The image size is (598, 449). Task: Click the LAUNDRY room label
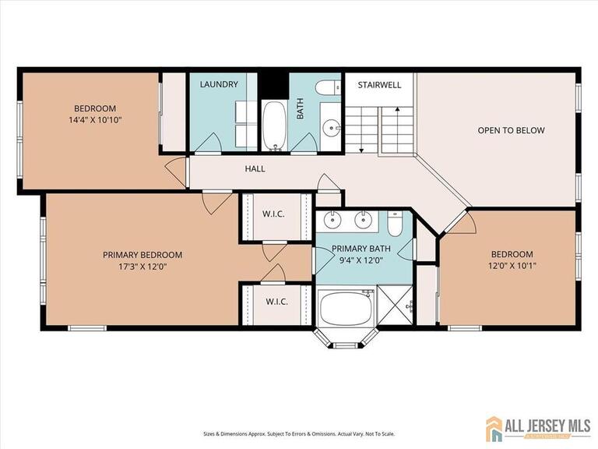[x=219, y=84]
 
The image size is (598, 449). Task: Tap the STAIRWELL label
[x=379, y=84]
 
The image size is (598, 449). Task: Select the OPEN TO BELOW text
[x=511, y=130]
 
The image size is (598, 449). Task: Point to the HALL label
[x=255, y=168]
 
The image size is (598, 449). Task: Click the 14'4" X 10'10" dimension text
[x=96, y=120]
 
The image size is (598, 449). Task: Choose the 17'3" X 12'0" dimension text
[x=142, y=267]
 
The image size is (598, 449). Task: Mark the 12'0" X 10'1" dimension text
[x=512, y=266]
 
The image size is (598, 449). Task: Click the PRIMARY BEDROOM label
[x=142, y=255]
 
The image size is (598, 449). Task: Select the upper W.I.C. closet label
[x=273, y=213]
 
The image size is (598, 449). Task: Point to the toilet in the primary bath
[x=396, y=225]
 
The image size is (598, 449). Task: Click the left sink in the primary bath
[x=333, y=220]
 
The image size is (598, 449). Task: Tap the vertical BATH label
[x=300, y=108]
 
